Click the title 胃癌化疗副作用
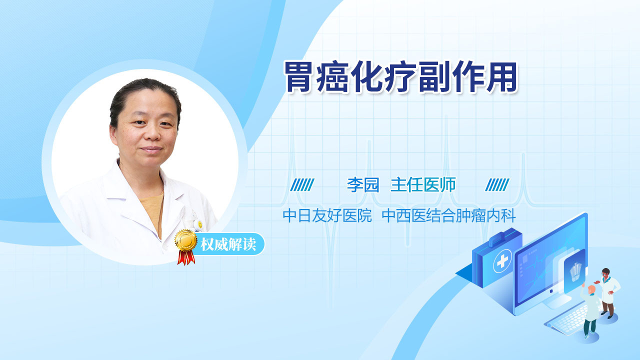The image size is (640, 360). tap(400, 77)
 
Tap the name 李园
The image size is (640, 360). tap(363, 185)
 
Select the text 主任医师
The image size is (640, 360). tap(423, 185)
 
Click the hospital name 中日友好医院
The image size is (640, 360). tap(327, 215)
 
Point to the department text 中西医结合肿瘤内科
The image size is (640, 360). tap(448, 215)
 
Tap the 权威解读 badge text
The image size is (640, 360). tap(228, 244)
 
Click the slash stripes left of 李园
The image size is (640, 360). tap(302, 185)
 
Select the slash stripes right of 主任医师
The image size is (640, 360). tap(497, 185)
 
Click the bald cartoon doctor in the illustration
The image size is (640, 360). tap(590, 311)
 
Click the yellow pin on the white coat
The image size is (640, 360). tap(200, 224)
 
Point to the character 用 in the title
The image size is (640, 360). tap(502, 77)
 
